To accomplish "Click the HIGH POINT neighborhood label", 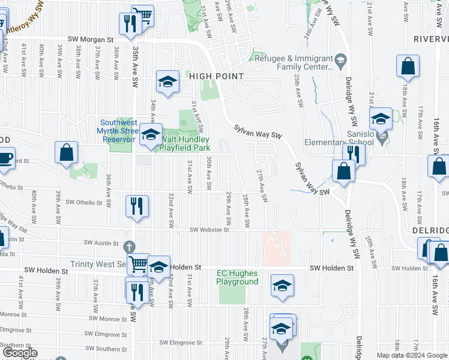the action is tap(217, 76).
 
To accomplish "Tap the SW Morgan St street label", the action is tap(91, 39).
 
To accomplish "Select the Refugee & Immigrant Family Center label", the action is tap(294, 63).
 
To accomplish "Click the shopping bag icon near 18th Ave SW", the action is tap(408, 68).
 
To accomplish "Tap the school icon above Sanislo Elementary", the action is tap(380, 120).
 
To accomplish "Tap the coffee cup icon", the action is tap(5, 159).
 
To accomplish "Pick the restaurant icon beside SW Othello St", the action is tap(137, 206).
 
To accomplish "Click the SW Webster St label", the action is tap(210, 230).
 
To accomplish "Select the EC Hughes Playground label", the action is tap(237, 277).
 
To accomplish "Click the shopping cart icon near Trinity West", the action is tap(139, 263).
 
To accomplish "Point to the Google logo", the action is tap(20, 353).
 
